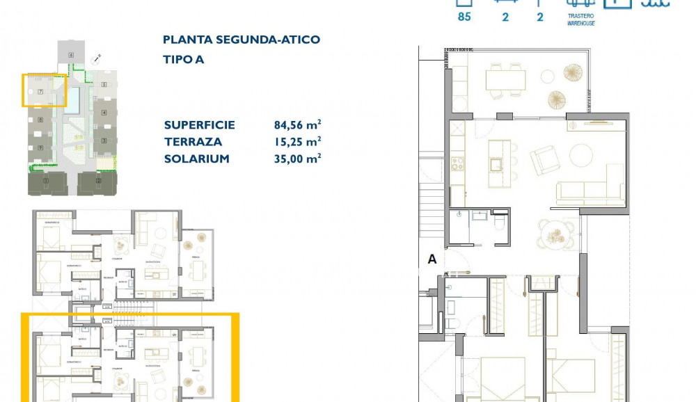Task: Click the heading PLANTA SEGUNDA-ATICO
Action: pos(242,40)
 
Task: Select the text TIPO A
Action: pos(184,59)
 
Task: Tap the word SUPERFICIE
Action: pos(200,125)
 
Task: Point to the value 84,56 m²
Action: pos(297,125)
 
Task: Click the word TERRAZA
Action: pos(193,142)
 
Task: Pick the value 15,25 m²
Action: pos(297,142)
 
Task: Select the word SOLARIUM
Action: pos(197,159)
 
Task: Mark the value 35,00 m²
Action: pos(297,159)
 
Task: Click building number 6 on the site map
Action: pos(71,54)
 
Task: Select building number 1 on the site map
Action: pos(46,182)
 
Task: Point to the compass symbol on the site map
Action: pos(100,58)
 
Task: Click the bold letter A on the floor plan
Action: pos(432,259)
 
